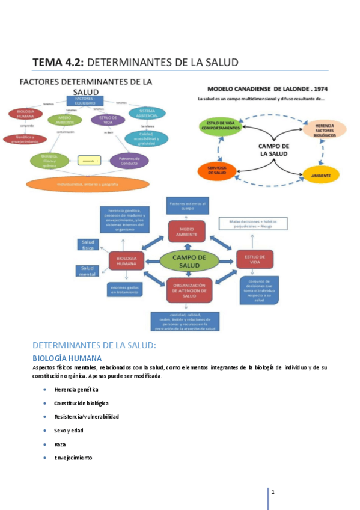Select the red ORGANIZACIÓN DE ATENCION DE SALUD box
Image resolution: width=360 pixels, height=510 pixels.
click(190, 290)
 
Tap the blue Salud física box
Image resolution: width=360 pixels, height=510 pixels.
click(88, 244)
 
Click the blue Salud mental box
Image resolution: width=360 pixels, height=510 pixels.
click(88, 271)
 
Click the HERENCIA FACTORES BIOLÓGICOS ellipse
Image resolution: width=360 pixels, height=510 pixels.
click(324, 129)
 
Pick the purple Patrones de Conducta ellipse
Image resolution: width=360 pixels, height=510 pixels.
click(129, 161)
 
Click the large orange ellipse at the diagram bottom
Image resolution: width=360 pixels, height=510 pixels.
click(88, 183)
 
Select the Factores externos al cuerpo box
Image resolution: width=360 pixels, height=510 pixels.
click(187, 206)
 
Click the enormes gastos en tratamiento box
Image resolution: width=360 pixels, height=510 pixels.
click(127, 289)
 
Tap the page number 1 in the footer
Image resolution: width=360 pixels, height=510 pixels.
click(273, 493)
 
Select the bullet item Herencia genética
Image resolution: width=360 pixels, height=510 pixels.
click(76, 389)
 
